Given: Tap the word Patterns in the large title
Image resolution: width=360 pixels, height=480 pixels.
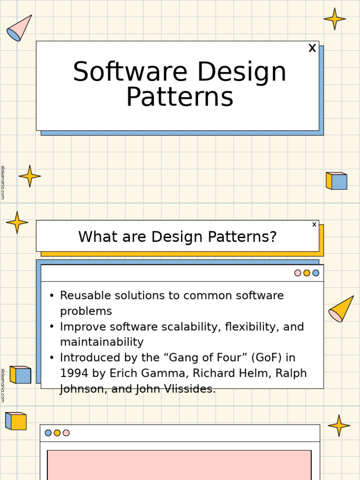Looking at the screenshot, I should point(180,97).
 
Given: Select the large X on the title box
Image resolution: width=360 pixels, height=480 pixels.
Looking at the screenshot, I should point(312,48).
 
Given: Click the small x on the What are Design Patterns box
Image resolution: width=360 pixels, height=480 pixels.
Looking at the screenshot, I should point(314,225).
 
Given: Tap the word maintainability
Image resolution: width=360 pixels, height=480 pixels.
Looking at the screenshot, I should point(102,342).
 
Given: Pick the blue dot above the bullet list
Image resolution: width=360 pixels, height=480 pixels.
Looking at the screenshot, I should point(316,273).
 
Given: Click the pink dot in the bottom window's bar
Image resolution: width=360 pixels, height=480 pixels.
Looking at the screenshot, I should point(66,433).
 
